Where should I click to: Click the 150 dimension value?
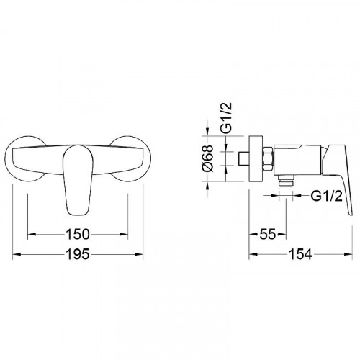pos(78,234)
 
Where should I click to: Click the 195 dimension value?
pos(78,254)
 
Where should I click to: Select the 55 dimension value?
pos(268,234)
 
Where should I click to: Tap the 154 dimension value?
pos(300,254)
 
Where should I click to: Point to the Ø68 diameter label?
pos(207,158)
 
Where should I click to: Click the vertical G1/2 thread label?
pos(226,117)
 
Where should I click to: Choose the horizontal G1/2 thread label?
pos(327,197)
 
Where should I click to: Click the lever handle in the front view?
pos(77,179)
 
